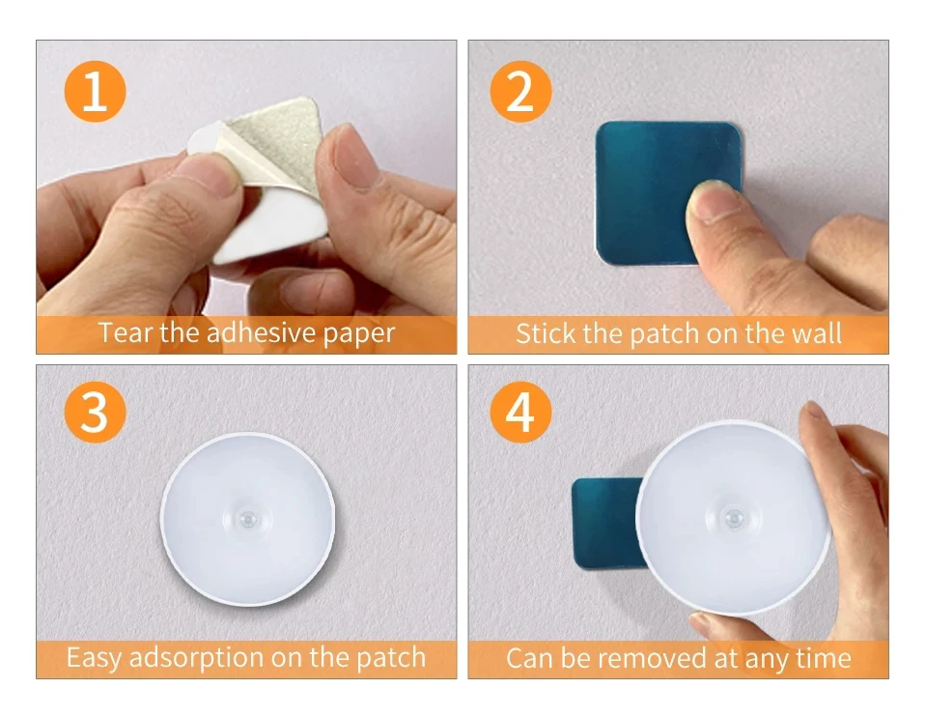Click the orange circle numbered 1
95,92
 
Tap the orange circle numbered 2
520,92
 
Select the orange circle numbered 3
95,412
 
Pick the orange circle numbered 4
520,412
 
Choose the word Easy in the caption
94,658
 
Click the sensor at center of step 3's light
248,520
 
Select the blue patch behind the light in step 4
604,523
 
